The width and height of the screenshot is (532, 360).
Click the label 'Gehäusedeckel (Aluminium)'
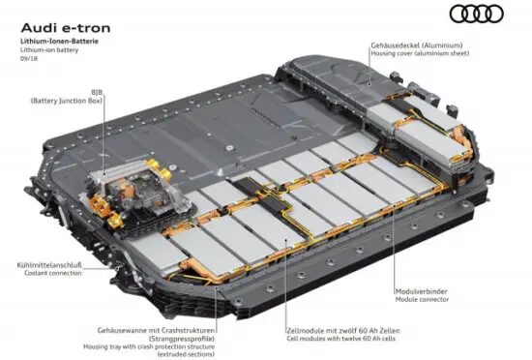pos(416,46)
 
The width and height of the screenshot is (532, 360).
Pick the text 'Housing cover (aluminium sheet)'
pos(424,56)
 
